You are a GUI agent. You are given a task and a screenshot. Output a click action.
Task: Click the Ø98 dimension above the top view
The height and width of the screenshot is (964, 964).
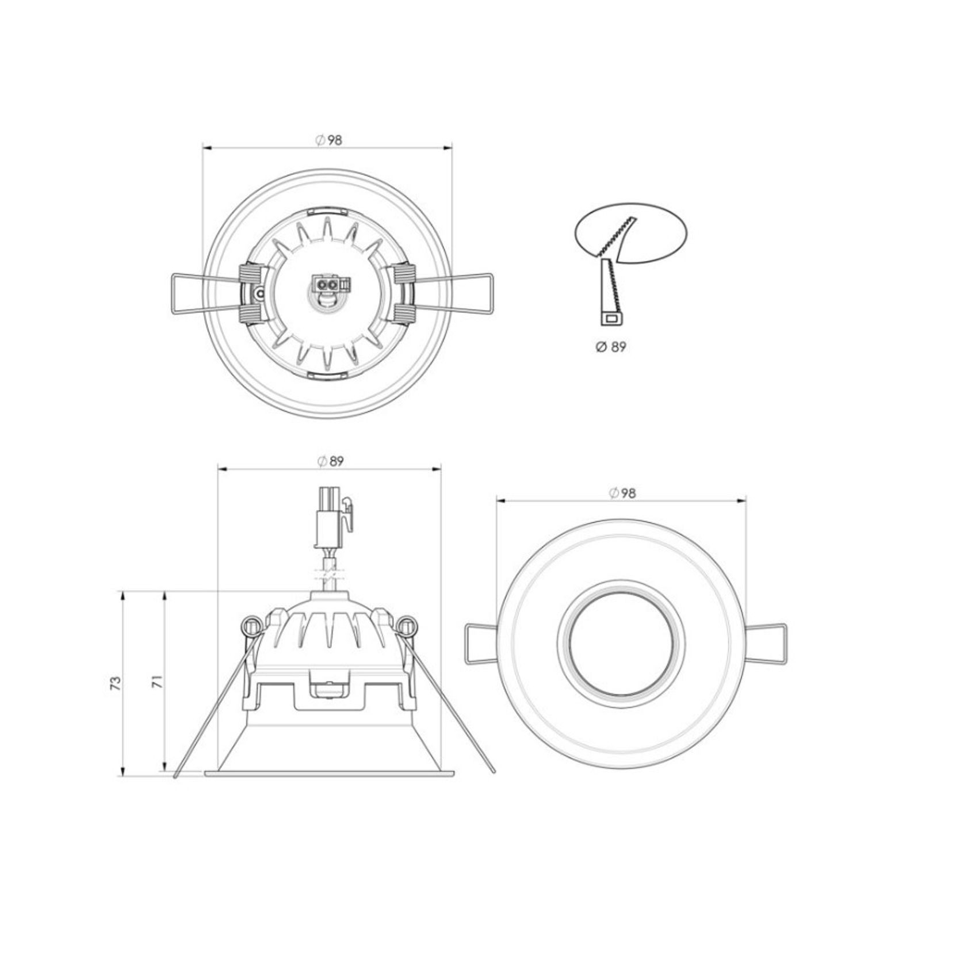[x=328, y=140]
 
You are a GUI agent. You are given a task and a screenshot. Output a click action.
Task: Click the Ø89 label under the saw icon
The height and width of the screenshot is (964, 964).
[x=610, y=347]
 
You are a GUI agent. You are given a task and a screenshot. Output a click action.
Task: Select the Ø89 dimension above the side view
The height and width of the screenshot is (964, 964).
[x=330, y=461]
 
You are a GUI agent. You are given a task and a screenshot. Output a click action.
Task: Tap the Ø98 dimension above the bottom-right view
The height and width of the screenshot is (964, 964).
[x=622, y=493]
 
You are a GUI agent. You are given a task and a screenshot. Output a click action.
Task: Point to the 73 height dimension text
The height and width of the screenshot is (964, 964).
[x=116, y=683]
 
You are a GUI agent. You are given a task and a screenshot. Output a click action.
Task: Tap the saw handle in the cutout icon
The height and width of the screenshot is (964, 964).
[x=610, y=293]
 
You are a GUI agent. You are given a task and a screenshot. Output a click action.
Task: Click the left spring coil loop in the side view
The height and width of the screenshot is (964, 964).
[x=251, y=626]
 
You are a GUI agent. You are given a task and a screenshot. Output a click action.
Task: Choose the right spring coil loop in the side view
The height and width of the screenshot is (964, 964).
[x=407, y=626]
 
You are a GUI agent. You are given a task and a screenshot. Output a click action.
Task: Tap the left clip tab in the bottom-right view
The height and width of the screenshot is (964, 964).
[x=480, y=644]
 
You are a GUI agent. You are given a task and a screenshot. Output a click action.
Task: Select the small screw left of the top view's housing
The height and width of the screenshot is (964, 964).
[x=260, y=294]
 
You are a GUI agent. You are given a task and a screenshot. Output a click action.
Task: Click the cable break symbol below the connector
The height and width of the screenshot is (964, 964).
[x=329, y=574]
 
